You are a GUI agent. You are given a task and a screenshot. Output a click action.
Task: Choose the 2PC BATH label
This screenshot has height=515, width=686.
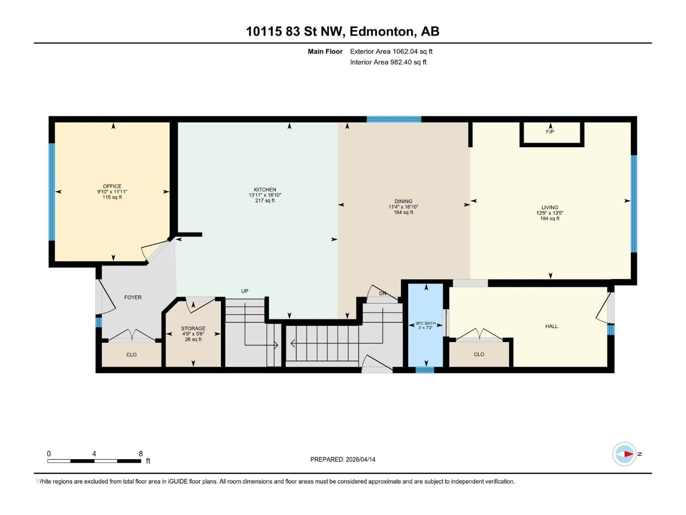(426, 323)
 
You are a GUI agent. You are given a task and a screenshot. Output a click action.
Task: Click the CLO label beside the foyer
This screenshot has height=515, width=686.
(131, 354)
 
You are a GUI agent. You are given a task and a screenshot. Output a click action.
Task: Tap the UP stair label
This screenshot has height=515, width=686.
(245, 291)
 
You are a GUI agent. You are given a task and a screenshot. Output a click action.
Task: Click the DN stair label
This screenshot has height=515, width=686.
(382, 293)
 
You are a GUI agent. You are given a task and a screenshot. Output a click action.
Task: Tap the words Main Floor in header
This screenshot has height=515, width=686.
(325, 51)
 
